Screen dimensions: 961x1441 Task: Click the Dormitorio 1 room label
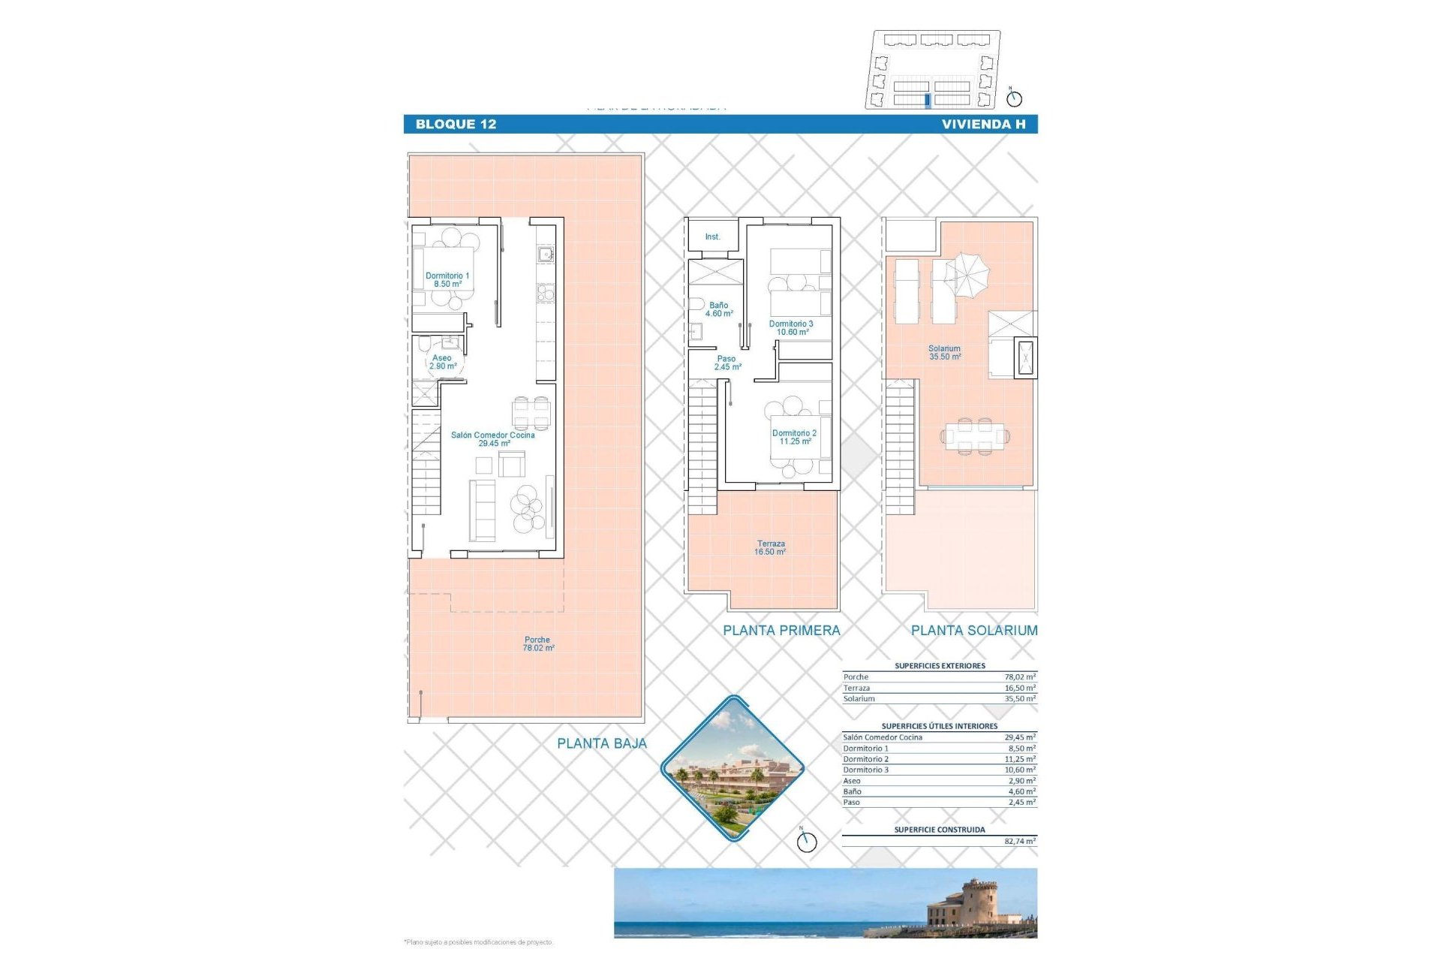[447, 280]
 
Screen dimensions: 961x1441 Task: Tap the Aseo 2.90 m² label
[443, 362]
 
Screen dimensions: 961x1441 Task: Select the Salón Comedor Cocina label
[493, 439]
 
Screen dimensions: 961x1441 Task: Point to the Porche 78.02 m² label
[538, 644]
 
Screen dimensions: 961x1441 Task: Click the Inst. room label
[712, 237]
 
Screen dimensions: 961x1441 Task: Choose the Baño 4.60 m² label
[718, 309]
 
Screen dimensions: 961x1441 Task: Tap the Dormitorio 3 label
[791, 328]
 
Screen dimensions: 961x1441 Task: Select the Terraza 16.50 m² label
[771, 548]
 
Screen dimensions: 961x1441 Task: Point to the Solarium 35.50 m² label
[944, 353]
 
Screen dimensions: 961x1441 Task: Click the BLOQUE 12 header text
[456, 125]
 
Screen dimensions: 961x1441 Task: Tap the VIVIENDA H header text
[983, 125]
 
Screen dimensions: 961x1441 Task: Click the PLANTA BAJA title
[601, 743]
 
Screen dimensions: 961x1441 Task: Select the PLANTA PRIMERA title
[781, 631]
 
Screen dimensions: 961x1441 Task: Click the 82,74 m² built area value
[1019, 842]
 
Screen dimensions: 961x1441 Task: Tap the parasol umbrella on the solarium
[967, 273]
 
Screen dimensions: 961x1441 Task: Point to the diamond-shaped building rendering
[732, 767]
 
